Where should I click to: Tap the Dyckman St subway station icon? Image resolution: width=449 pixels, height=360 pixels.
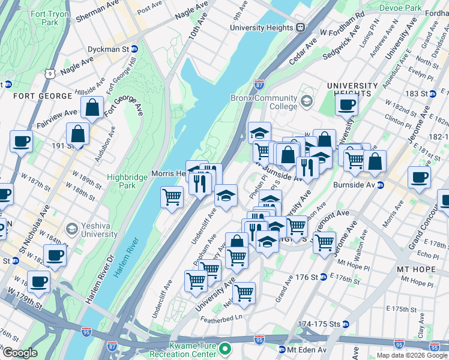pyautogui.click(x=134, y=49)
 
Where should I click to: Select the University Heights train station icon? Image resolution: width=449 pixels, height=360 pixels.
pyautogui.click(x=300, y=27)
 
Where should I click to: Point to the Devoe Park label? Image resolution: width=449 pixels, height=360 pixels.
pyautogui.click(x=402, y=8)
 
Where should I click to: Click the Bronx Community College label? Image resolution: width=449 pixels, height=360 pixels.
pyautogui.click(x=264, y=102)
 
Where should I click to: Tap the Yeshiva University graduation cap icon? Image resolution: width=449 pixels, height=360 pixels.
pyautogui.click(x=71, y=229)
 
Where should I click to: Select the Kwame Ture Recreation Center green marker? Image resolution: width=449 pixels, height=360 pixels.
pyautogui.click(x=225, y=349)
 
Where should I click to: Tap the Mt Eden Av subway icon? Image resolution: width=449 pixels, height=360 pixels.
pyautogui.click(x=281, y=349)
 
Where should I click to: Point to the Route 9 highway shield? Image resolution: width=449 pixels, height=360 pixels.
pyautogui.click(x=52, y=73)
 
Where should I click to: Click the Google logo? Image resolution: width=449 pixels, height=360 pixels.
pyautogui.click(x=19, y=353)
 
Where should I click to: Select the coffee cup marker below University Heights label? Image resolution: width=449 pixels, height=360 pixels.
pyautogui.click(x=345, y=106)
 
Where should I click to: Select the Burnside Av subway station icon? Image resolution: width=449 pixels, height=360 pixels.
pyautogui.click(x=380, y=185)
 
